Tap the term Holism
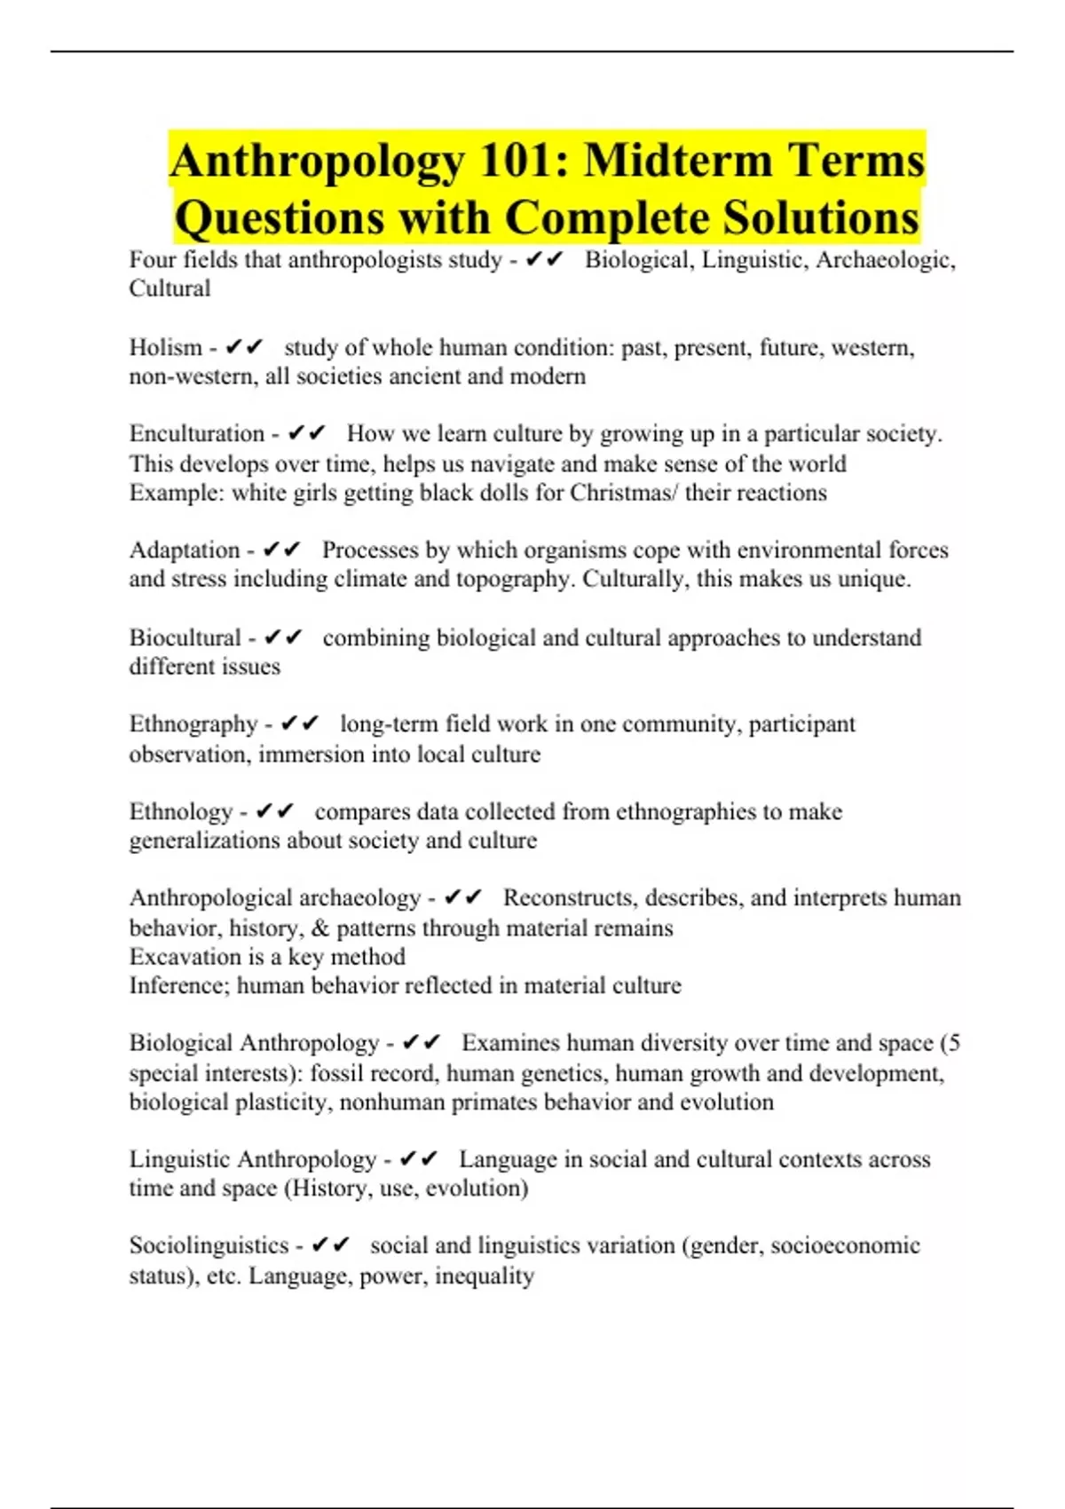coord(165,347)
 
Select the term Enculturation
coord(197,433)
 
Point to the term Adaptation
coord(185,550)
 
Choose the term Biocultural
coord(185,637)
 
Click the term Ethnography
coord(193,724)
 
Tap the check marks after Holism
coord(245,347)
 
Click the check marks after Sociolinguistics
coord(331,1245)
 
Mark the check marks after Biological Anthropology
coord(421,1043)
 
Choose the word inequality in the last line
coord(485,1276)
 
